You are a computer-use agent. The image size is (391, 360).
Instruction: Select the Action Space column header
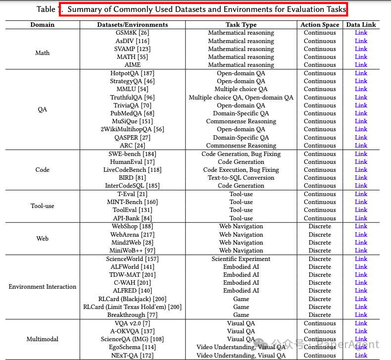[x=320, y=24]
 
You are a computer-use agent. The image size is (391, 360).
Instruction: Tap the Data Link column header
[x=361, y=24]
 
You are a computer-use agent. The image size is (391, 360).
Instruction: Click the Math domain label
[x=43, y=53]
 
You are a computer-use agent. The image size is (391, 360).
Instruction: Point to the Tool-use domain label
[x=43, y=206]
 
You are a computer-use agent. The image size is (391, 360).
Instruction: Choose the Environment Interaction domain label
[x=43, y=287]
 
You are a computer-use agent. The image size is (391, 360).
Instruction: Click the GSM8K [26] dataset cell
[x=132, y=33]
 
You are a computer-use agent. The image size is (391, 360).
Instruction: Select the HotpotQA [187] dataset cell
[x=132, y=73]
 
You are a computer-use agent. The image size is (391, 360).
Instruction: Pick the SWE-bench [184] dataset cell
[x=132, y=154]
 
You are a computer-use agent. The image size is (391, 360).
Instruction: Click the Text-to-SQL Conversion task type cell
[x=241, y=178]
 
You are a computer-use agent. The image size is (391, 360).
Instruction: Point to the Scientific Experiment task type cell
[x=241, y=259]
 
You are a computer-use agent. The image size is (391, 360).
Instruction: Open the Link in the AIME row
[x=361, y=65]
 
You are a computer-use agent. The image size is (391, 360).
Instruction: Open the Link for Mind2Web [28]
[x=361, y=243]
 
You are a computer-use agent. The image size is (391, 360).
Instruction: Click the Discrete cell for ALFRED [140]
[x=320, y=291]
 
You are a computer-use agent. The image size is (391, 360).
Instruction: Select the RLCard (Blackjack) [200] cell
[x=132, y=299]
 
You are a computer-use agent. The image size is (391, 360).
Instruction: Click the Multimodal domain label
[x=43, y=339]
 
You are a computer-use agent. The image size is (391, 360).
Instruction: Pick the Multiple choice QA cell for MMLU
[x=241, y=89]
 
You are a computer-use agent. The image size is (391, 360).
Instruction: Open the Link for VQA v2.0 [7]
[x=361, y=323]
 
